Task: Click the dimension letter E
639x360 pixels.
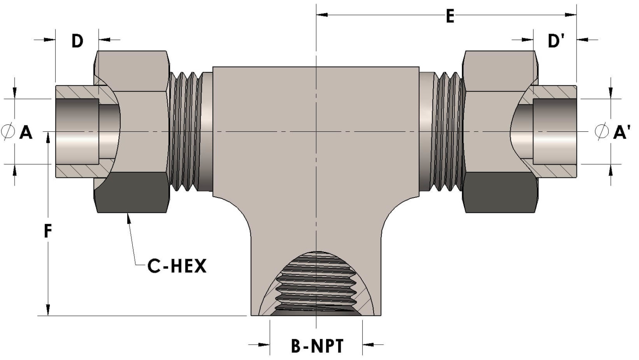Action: (450, 17)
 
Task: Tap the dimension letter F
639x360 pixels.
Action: (48, 231)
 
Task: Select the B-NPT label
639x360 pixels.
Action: (317, 345)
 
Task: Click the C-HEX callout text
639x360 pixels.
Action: (177, 266)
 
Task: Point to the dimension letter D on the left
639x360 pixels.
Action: (77, 41)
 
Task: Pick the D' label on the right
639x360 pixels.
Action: (556, 41)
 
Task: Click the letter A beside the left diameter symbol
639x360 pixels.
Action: (26, 133)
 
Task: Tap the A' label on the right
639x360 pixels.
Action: (622, 133)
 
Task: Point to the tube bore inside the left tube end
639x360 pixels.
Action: (77, 131)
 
